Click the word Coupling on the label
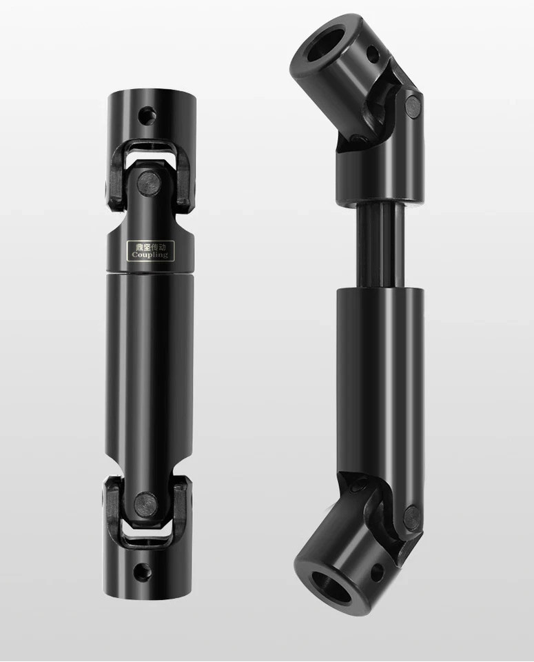click(x=150, y=254)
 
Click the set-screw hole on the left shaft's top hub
click(x=145, y=113)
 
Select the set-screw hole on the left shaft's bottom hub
click(x=143, y=570)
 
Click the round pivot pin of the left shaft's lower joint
click(x=144, y=500)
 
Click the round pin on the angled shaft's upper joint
click(x=412, y=105)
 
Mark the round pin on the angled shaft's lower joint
click(x=411, y=516)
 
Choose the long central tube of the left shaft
click(x=150, y=359)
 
